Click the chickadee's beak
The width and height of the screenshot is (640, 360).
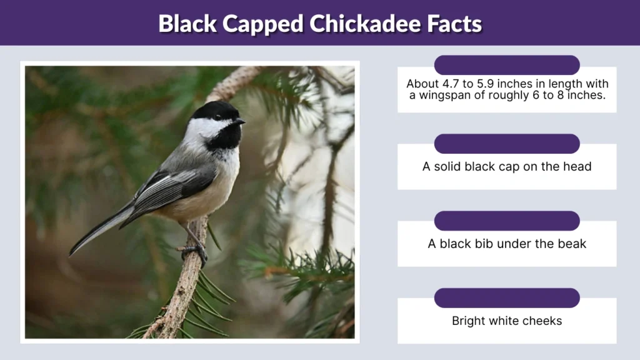pos(241,121)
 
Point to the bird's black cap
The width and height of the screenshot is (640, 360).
pos(214,111)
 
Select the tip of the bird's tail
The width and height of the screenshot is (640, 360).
pos(72,252)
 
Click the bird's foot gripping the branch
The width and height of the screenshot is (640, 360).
pos(195,250)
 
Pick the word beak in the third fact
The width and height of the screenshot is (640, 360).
pos(571,244)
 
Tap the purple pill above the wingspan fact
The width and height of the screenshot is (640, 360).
pos(507,65)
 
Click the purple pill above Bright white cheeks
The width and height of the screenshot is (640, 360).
pos(507,298)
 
